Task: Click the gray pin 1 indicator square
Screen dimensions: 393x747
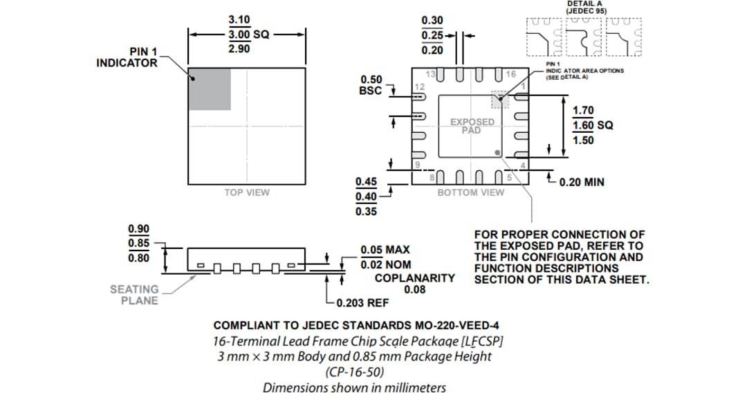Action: (x=210, y=89)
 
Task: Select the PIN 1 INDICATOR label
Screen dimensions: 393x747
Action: (x=127, y=57)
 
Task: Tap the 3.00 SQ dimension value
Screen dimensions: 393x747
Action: (x=248, y=34)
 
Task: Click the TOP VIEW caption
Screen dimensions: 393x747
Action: (x=247, y=192)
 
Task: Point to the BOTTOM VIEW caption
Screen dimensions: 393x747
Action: (x=471, y=192)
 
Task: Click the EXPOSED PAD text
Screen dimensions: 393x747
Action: (x=472, y=126)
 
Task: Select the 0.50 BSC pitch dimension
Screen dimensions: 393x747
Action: (x=370, y=85)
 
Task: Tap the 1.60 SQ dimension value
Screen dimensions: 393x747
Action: (x=592, y=125)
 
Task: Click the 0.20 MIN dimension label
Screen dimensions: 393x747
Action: (x=581, y=182)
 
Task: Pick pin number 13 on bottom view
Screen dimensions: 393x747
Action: (x=430, y=74)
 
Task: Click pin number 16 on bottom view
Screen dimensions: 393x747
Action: (x=510, y=74)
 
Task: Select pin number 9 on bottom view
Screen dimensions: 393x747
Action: (x=417, y=164)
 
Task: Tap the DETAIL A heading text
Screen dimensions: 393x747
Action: (x=584, y=4)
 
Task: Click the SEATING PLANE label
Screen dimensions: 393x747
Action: (x=134, y=295)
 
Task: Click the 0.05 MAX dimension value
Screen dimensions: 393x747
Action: (x=385, y=250)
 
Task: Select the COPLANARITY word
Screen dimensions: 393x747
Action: (x=414, y=278)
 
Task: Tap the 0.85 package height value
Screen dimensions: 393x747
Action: (x=139, y=244)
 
